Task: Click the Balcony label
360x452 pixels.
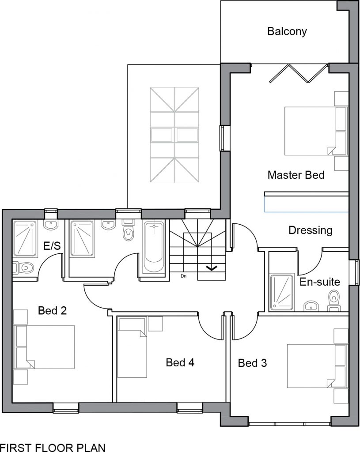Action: [287, 31]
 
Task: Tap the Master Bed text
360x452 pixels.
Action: [296, 175]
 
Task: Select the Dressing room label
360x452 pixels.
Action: [311, 230]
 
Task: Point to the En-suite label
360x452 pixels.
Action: [320, 282]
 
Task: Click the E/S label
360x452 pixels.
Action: [52, 246]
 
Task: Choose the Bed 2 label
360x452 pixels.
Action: [52, 310]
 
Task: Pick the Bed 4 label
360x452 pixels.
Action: [180, 362]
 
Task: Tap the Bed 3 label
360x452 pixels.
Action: [252, 363]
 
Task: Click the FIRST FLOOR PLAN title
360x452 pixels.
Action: [53, 448]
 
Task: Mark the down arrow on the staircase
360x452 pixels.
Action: [212, 268]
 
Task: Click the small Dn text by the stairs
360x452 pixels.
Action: [183, 276]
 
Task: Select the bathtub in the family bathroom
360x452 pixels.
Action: [154, 247]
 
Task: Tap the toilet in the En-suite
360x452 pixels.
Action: [334, 300]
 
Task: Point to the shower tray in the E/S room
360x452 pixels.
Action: [25, 239]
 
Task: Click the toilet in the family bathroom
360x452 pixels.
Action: [129, 230]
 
